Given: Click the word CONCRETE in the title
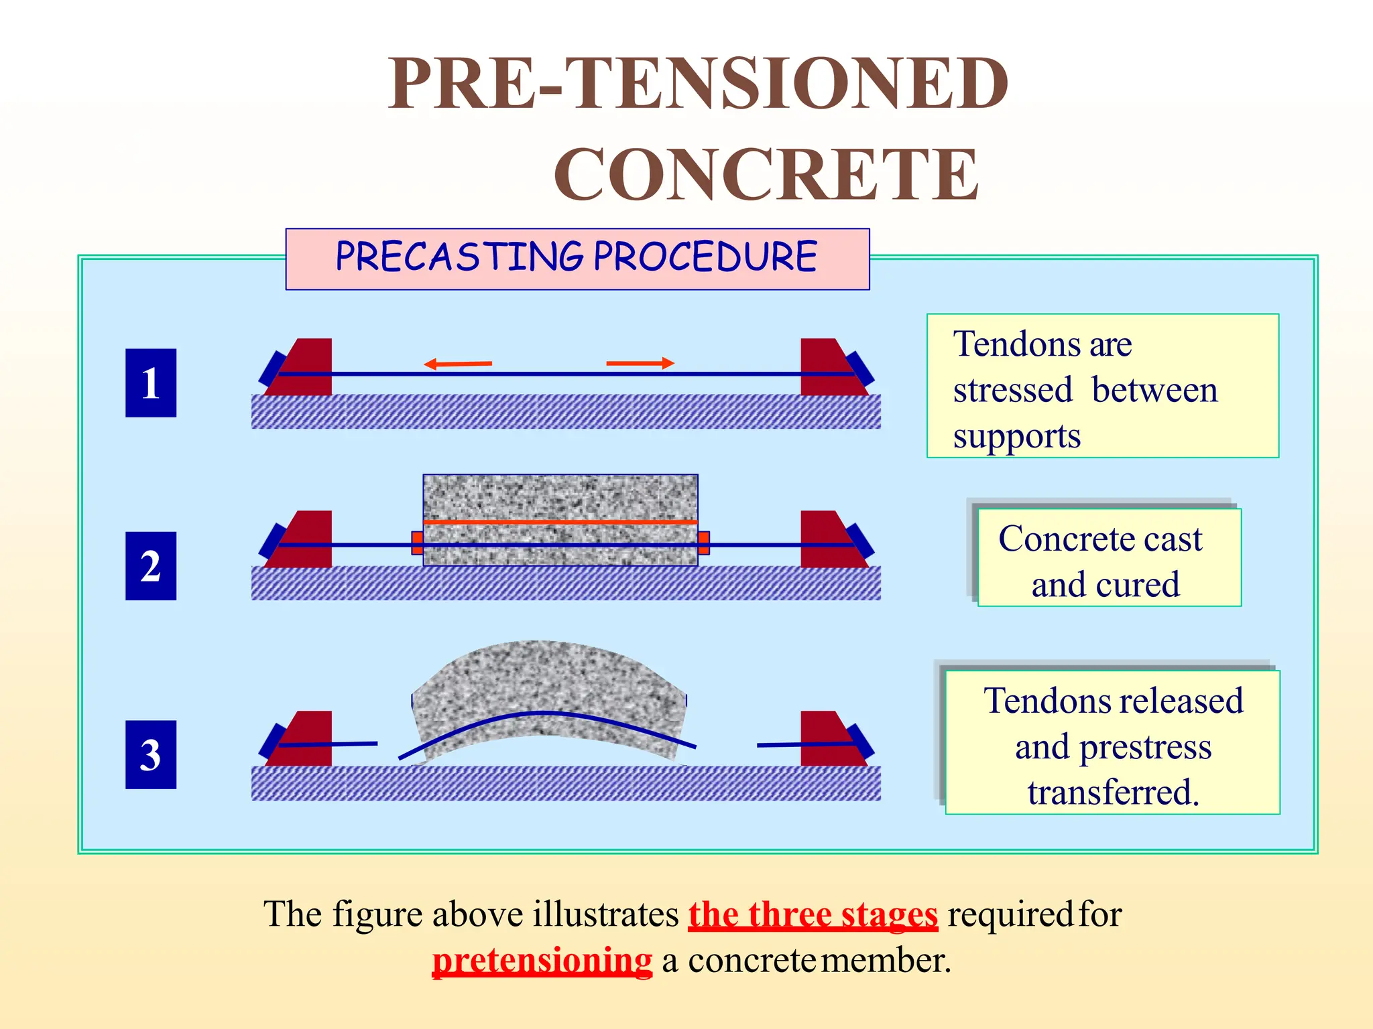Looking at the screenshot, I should point(766,175).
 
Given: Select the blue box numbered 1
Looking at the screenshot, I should point(151,383).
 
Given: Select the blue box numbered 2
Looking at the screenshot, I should point(151,566).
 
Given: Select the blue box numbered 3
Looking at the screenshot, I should point(151,754).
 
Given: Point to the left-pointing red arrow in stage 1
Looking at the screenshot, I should point(457,364).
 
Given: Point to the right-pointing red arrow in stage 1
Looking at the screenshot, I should point(640,363).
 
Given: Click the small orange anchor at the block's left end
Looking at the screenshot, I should point(417,542).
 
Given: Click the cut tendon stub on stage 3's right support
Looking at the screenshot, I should point(804,744).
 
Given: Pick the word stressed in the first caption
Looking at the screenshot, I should point(1012,390).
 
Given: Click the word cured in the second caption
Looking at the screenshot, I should point(1137,584).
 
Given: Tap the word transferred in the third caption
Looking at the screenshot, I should point(1113,793).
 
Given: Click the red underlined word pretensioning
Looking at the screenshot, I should point(542,960).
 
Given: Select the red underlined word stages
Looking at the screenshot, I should point(889,914).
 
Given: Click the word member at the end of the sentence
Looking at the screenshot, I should point(885,960).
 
